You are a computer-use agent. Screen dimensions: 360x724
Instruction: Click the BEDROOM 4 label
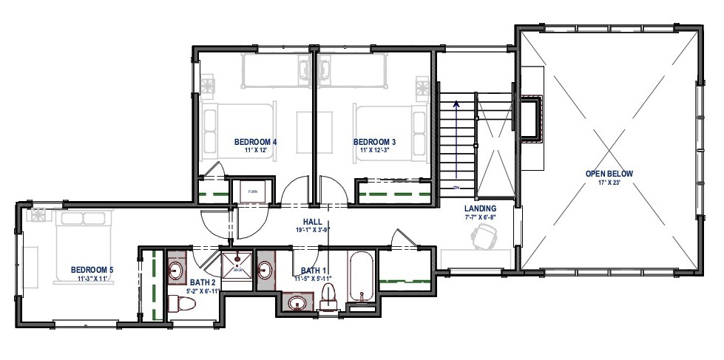pyautogui.click(x=255, y=141)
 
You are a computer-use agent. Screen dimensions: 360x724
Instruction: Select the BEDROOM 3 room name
pyautogui.click(x=374, y=141)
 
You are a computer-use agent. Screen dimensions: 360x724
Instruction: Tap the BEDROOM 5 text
pyautogui.click(x=92, y=269)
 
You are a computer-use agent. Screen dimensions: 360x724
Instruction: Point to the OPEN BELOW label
pyautogui.click(x=609, y=174)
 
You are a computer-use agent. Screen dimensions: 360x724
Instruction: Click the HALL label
pyautogui.click(x=311, y=222)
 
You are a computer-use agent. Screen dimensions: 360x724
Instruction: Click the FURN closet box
pyautogui.click(x=253, y=191)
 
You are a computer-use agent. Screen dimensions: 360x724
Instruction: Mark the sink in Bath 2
pyautogui.click(x=177, y=269)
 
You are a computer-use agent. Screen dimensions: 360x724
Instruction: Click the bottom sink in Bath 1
pyautogui.click(x=297, y=302)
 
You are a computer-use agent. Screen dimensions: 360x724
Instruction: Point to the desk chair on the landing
pyautogui.click(x=484, y=237)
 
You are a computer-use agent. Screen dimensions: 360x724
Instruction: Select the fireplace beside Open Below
pyautogui.click(x=532, y=118)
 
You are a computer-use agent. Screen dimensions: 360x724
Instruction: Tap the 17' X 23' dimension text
pyautogui.click(x=609, y=183)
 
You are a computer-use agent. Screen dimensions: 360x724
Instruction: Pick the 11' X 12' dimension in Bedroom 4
pyautogui.click(x=255, y=150)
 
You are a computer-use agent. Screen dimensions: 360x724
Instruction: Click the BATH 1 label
pyautogui.click(x=309, y=270)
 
